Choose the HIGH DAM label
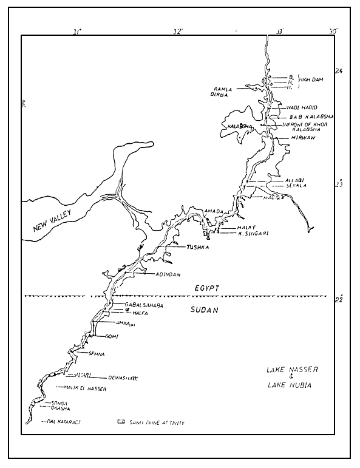[x=310, y=80]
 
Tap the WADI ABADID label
[x=302, y=107]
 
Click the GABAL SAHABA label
[x=144, y=305]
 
